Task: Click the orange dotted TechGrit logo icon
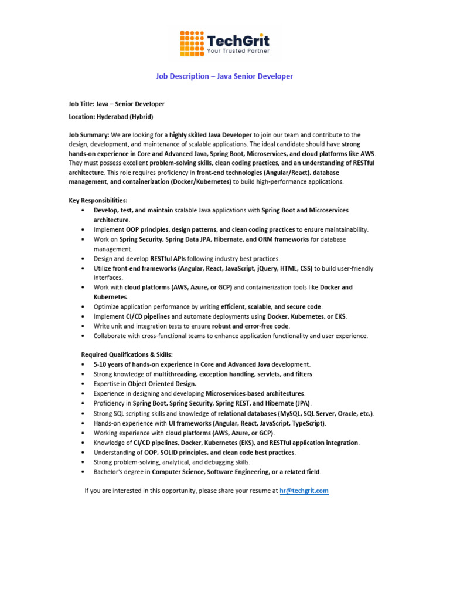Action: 192,42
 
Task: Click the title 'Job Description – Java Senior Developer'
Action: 224,76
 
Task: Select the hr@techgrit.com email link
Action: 304,491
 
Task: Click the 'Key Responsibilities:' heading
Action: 98,201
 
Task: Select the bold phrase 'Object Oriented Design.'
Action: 162,384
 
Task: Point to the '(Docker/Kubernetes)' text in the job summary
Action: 201,182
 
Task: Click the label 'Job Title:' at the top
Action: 82,104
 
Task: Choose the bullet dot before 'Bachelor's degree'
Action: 84,471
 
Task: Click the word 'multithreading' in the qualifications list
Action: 175,374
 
